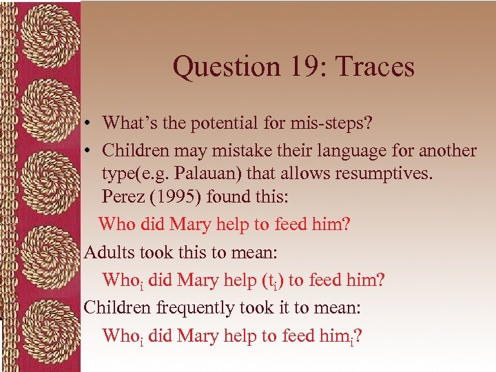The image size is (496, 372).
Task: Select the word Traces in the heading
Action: tap(375, 68)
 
